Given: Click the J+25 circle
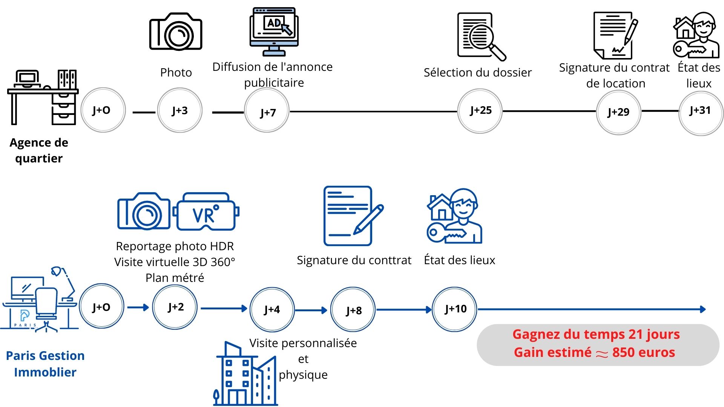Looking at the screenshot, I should coord(480,111).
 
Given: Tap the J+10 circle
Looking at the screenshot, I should coord(454,309).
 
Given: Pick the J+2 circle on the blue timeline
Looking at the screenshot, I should coord(175,307).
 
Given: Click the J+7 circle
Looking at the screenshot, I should coord(267,111).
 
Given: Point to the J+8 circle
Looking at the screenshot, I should coord(353,310).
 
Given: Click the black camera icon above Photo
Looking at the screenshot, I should coord(176,32).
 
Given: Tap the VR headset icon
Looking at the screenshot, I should coord(206,212).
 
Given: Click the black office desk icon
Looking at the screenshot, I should coord(43,97).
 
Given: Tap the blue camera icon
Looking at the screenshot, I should coord(144,211).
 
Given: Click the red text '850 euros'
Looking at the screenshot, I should coord(643,352).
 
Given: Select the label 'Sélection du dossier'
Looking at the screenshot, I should coord(477,72).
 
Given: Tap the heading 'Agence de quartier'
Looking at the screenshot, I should coord(39,150).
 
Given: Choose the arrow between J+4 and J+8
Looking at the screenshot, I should coord(311,310).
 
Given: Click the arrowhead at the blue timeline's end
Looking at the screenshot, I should coord(703,309).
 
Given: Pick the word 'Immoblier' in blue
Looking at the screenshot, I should coord(45,372).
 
